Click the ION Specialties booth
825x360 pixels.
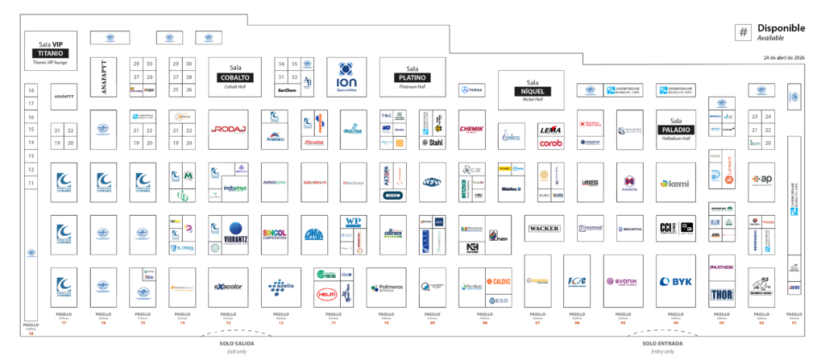[346, 77]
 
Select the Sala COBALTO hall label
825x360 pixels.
[234, 77]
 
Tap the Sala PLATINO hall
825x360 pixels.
[412, 77]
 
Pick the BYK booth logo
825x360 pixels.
[676, 282]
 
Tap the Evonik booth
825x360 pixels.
[621, 282]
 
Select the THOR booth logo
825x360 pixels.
[721, 294]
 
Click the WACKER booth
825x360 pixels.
[544, 229]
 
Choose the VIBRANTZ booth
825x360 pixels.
[234, 234]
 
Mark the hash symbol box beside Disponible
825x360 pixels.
[743, 32]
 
